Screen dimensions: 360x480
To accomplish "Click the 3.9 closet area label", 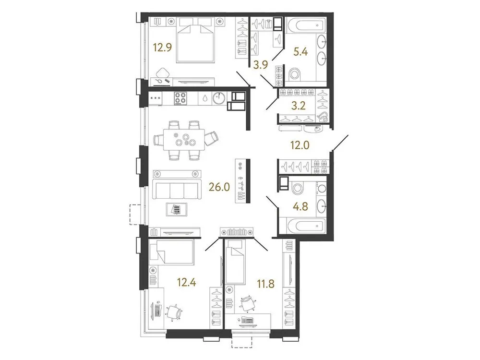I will point(261,65).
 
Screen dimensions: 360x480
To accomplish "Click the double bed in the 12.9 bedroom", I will point(196,40).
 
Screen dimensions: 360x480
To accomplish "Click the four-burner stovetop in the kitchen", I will point(180,98).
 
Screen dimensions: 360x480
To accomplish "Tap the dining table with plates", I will point(183,140).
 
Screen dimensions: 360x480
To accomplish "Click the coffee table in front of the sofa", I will point(177,209).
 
